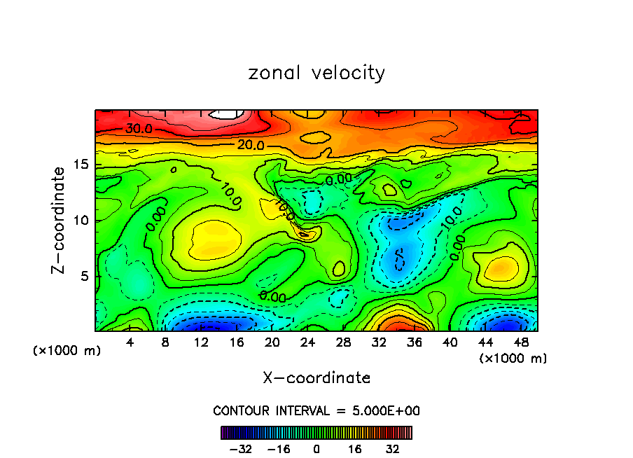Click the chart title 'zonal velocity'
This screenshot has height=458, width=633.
316,73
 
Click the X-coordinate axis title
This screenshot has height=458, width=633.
316,377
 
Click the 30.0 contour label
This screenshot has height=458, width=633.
139,129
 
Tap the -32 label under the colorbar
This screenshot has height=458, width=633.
241,448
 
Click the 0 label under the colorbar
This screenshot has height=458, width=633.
316,448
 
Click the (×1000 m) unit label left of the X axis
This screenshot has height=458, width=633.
67,350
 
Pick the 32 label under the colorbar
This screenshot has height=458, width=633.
392,448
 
